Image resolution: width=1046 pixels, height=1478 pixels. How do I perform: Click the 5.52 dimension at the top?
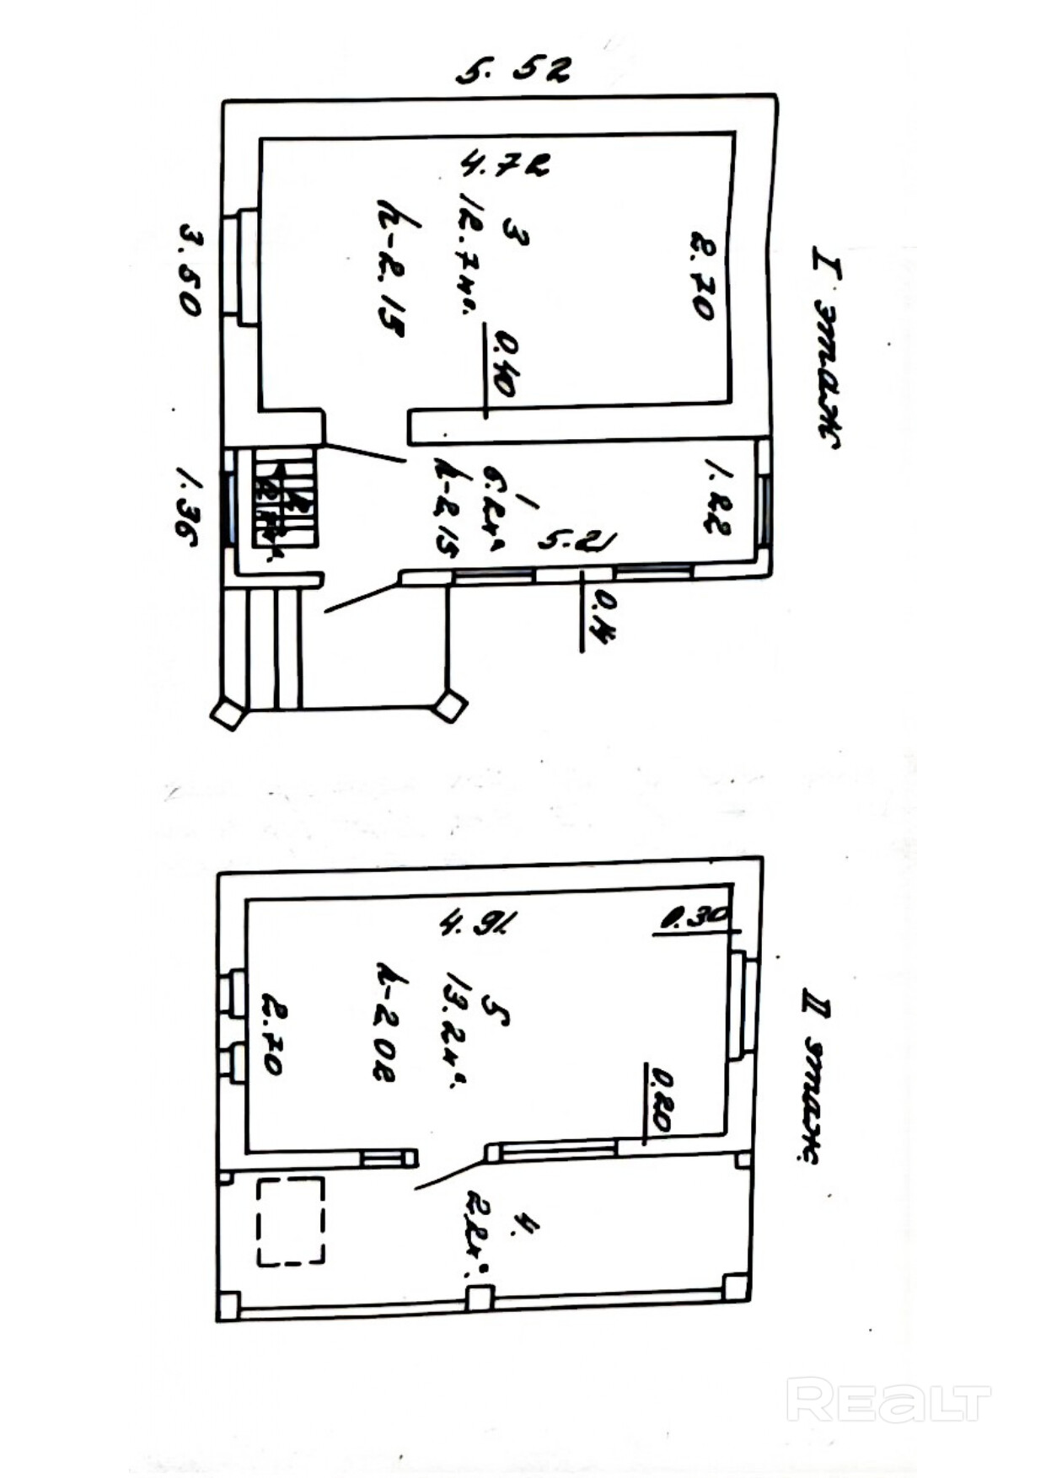point(513,70)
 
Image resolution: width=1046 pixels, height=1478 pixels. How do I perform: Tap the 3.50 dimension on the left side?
point(190,270)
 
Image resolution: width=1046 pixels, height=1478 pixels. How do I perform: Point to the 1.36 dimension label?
point(187,507)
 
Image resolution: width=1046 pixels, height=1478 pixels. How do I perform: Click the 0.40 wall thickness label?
point(506,363)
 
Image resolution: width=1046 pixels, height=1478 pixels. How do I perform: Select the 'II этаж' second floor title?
point(814,1074)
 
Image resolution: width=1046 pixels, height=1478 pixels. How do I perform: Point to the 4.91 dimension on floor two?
point(477,923)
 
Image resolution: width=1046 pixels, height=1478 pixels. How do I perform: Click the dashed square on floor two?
point(291,1221)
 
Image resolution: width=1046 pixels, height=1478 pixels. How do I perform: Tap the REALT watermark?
point(888,1400)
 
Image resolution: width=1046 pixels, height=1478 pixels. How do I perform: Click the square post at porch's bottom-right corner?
point(449,705)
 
